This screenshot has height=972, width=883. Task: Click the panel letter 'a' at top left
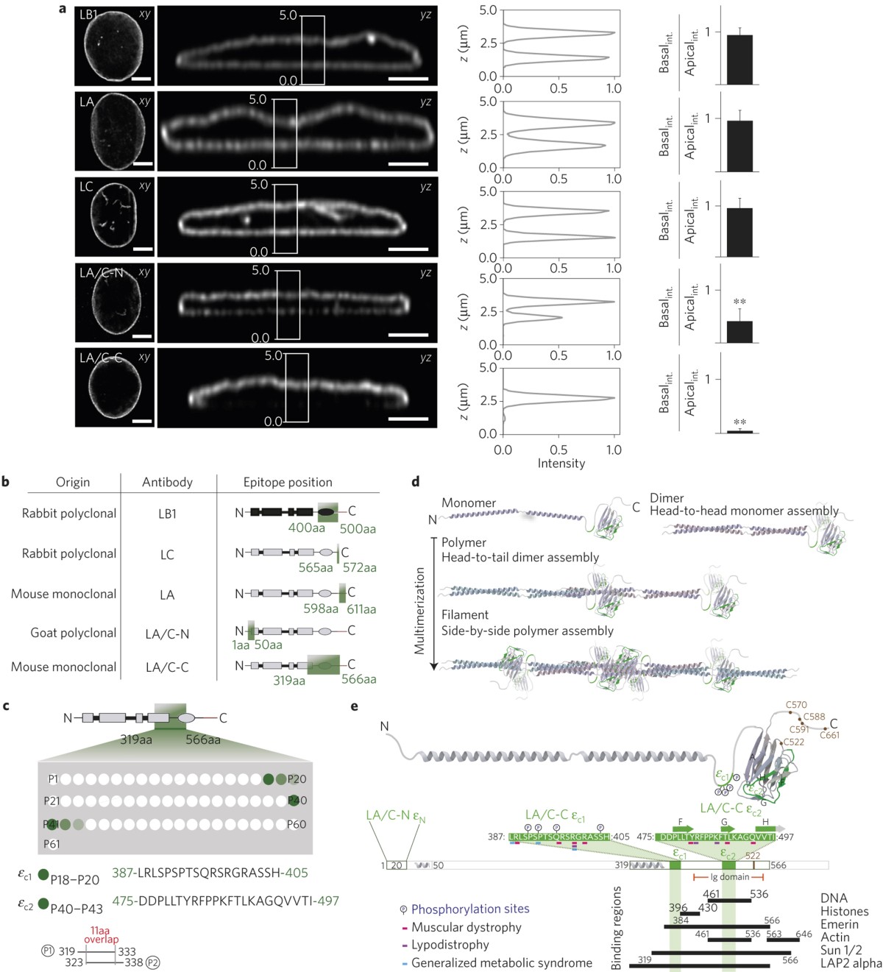coord(63,10)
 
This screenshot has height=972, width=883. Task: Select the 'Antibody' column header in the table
coord(167,482)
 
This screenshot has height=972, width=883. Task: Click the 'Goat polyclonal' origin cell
coord(74,632)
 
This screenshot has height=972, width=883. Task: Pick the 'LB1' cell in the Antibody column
coord(167,514)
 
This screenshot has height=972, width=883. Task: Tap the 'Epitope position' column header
coord(288,482)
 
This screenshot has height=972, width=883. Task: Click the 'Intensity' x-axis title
coord(561,463)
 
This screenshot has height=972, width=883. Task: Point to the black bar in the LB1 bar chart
coord(740,60)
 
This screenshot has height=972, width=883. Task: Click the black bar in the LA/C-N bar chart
coord(740,331)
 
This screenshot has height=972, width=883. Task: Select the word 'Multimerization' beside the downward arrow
coord(420,610)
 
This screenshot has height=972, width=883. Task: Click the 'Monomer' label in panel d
coord(469,503)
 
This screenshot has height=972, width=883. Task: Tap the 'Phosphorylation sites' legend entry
coord(470,909)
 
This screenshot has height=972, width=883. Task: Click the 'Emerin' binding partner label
coord(839,924)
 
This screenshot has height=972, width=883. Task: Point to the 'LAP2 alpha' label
coord(851,963)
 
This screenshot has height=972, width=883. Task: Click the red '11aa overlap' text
coord(101,934)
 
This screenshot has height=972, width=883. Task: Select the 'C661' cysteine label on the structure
coord(829,734)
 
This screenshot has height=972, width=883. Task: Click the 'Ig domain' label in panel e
coord(729,876)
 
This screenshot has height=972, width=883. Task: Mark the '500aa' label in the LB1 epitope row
coord(358,528)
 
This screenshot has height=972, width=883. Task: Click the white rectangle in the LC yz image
coord(286,219)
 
